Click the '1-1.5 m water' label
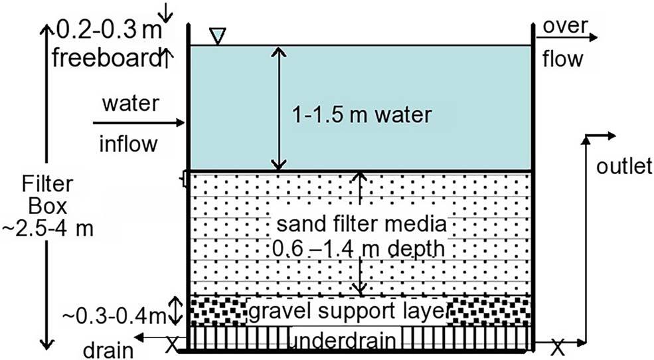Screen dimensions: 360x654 pyautogui.click(x=363, y=115)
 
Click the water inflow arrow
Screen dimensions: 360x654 pyautogui.click(x=139, y=123)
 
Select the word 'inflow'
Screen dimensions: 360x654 pyautogui.click(x=130, y=143)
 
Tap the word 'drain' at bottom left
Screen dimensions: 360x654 pyautogui.click(x=107, y=349)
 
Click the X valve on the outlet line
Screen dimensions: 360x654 pyautogui.click(x=558, y=345)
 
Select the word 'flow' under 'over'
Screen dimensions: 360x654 pyautogui.click(x=562, y=59)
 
